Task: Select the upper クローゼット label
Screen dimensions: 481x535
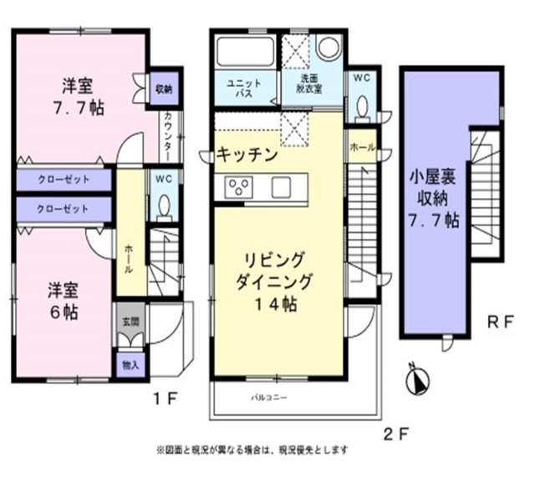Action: (63, 180)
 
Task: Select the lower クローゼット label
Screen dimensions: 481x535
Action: (63, 207)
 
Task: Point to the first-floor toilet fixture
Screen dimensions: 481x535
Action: (164, 205)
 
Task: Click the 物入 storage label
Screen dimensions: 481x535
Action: (129, 364)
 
